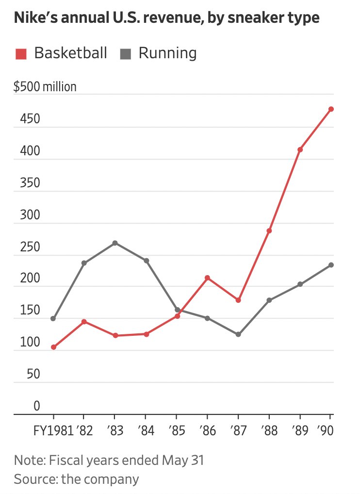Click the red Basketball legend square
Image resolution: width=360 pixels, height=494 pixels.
click(21, 53)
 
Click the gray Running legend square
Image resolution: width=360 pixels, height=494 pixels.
click(126, 53)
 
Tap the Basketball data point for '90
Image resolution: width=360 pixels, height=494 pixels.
click(331, 109)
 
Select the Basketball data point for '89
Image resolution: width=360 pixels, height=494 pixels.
click(300, 149)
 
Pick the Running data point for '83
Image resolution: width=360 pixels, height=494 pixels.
click(115, 243)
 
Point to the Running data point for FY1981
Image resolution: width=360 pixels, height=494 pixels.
click(53, 319)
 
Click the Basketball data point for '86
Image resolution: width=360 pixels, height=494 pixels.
click(208, 278)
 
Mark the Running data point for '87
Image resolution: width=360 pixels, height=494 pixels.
click(238, 334)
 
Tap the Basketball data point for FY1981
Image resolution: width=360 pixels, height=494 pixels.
click(53, 347)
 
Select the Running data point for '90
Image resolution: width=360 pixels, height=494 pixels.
click(331, 265)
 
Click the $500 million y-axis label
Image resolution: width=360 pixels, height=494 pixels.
click(45, 87)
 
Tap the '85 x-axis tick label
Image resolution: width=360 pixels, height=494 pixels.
click(176, 430)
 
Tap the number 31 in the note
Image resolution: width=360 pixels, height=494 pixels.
click(196, 460)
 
